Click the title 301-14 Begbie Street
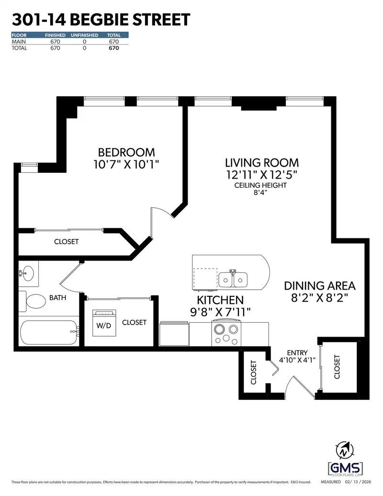pyautogui.click(x=101, y=20)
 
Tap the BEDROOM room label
pyautogui.click(x=126, y=152)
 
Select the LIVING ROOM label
pyautogui.click(x=262, y=163)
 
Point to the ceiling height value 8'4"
pyautogui.click(x=260, y=192)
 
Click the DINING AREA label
pyautogui.click(x=319, y=286)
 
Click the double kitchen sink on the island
pyautogui.click(x=234, y=279)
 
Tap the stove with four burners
pyautogui.click(x=225, y=333)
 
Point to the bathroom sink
pyautogui.click(x=29, y=274)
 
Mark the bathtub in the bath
pyautogui.click(x=48, y=332)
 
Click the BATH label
pyautogui.click(x=58, y=298)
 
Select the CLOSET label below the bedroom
pyautogui.click(x=66, y=242)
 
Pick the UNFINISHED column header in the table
pyautogui.click(x=84, y=35)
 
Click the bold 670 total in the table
pyautogui.click(x=113, y=48)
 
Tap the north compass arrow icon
pyautogui.click(x=344, y=451)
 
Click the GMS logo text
pyautogui.click(x=345, y=468)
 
